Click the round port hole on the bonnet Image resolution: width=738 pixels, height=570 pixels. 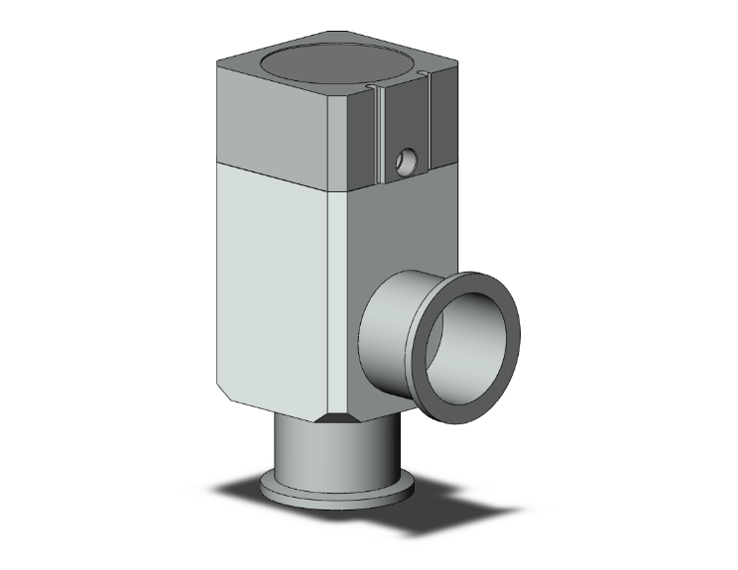[x=405, y=159]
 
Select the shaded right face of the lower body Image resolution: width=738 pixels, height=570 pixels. [x=397, y=238]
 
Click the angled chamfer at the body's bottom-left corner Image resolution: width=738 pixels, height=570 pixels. [x=226, y=391]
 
